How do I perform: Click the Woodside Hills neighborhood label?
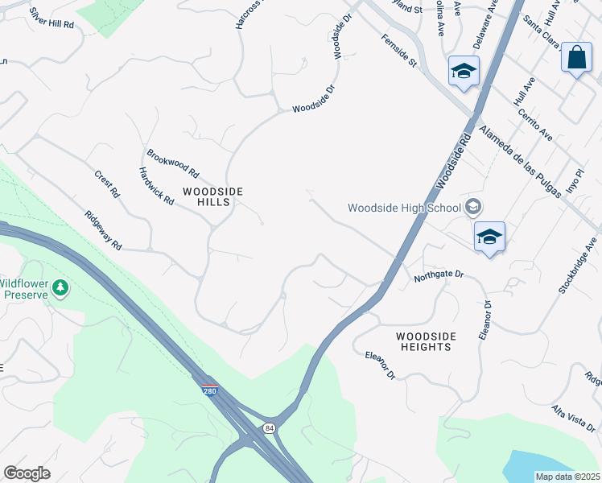[x=207, y=196]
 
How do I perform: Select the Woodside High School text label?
[x=404, y=208]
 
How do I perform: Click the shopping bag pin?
[x=576, y=58]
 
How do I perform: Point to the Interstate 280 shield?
[x=209, y=390]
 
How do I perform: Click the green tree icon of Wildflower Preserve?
[x=60, y=287]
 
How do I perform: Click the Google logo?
[x=27, y=473]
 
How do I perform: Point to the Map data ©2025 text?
[x=568, y=477]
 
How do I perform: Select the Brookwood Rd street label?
[x=172, y=162]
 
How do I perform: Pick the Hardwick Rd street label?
[x=156, y=186]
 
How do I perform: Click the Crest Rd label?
[x=106, y=184]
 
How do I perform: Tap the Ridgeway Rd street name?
[x=103, y=229]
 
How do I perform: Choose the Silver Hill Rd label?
[x=51, y=19]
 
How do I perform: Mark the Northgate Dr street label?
[x=439, y=275]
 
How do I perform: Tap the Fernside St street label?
[x=398, y=51]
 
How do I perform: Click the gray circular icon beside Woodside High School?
[x=474, y=207]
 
